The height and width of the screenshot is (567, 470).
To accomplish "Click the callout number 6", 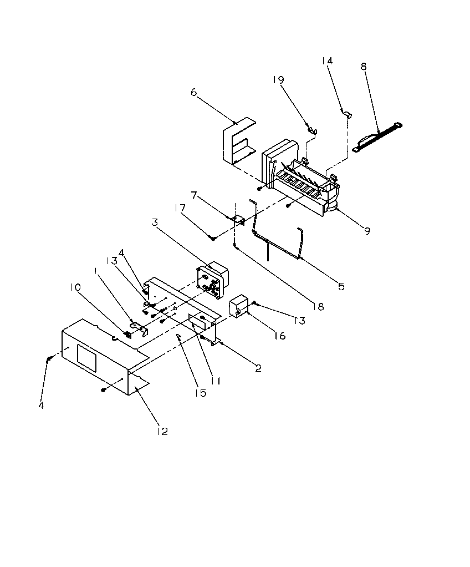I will click(x=193, y=92).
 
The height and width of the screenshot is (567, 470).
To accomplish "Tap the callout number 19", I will click(x=278, y=80).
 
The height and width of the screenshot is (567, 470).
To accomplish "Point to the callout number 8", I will click(x=363, y=67).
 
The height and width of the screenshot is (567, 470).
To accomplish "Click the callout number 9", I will click(x=367, y=231).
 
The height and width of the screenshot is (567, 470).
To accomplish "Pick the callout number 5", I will click(x=341, y=286).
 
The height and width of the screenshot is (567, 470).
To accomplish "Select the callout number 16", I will click(x=280, y=336).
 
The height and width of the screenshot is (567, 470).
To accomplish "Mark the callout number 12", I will click(x=161, y=431).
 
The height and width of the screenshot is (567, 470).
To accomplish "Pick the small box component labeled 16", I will click(x=238, y=307).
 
